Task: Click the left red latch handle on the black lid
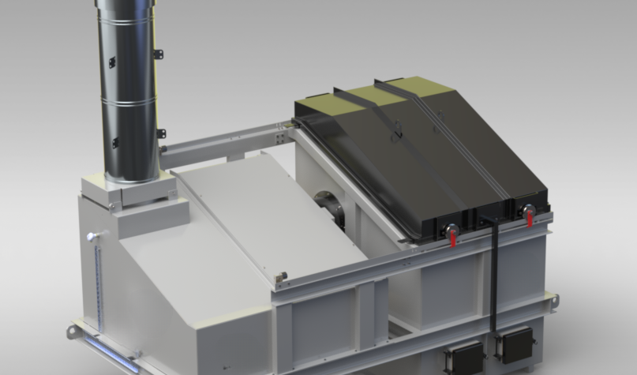(x=452, y=234)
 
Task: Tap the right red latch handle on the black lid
(x=528, y=214)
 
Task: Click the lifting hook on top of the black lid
(x=397, y=134)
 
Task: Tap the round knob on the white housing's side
(x=93, y=235)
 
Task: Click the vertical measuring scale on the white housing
(x=98, y=284)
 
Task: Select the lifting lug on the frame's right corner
(x=553, y=301)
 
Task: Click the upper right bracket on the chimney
(x=158, y=54)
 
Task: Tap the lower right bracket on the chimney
(x=160, y=133)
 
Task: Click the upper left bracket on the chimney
(x=111, y=62)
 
